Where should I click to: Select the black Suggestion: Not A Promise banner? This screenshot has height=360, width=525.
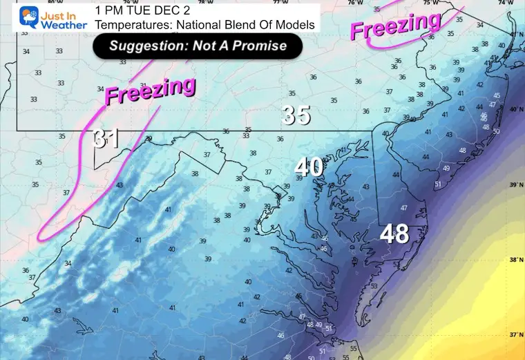tap(198, 46)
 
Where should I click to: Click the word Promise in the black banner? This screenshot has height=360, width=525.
tap(268, 46)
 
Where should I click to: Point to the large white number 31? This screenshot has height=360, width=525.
tap(106, 139)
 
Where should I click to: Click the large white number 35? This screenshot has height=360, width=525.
tap(296, 115)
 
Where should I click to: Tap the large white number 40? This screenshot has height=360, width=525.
tap(309, 167)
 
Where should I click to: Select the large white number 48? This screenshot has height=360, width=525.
tap(394, 234)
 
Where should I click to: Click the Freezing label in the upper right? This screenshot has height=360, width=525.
tap(396, 27)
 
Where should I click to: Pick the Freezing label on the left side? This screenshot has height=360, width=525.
tap(150, 91)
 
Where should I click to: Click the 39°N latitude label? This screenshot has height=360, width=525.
tap(513, 185)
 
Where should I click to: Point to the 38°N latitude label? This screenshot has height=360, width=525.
tap(513, 260)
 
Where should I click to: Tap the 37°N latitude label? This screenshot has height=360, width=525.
tap(513, 334)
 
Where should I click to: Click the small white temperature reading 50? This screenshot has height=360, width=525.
tap(496, 131)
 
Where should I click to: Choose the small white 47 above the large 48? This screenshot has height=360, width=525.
tap(403, 208)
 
